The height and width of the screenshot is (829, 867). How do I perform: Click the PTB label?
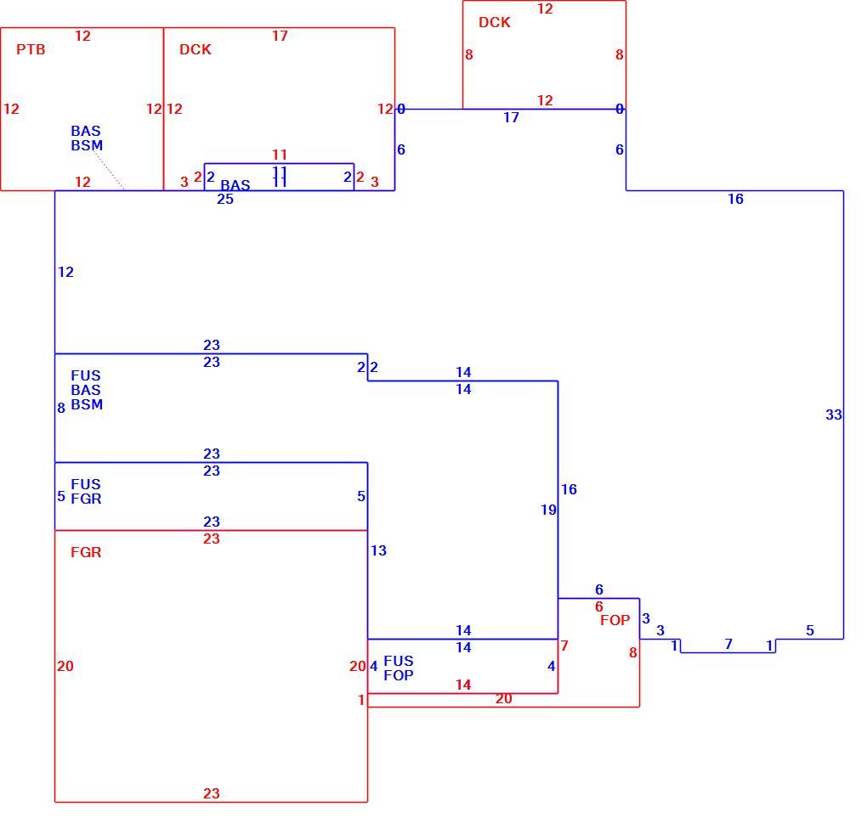(31, 49)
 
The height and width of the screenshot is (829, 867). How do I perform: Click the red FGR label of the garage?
(86, 552)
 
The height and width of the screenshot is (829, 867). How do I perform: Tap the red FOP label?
(615, 620)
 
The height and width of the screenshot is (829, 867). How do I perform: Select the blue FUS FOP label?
(398, 668)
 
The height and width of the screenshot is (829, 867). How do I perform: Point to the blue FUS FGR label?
(86, 491)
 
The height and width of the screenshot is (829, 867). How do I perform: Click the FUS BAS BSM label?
(86, 390)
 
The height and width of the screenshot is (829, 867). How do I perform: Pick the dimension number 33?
(833, 414)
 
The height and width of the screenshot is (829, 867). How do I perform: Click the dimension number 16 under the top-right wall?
(735, 199)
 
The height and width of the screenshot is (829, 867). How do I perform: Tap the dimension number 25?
(225, 199)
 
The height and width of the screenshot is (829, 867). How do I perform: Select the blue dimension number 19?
(548, 510)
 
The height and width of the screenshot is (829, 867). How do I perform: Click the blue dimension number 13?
(378, 550)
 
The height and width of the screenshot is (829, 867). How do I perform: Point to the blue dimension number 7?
(728, 644)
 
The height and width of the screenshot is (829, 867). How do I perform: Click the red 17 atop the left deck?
(280, 36)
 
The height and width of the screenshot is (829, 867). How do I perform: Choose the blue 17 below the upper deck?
(511, 117)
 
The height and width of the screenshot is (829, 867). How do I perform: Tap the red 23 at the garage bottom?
(211, 793)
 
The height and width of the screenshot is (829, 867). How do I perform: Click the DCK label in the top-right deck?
(495, 22)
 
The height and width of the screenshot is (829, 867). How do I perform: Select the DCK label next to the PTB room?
(195, 49)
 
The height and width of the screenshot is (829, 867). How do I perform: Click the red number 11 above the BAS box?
(280, 155)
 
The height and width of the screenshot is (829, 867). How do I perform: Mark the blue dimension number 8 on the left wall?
(61, 408)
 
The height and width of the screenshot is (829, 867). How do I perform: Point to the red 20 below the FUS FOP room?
(504, 698)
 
